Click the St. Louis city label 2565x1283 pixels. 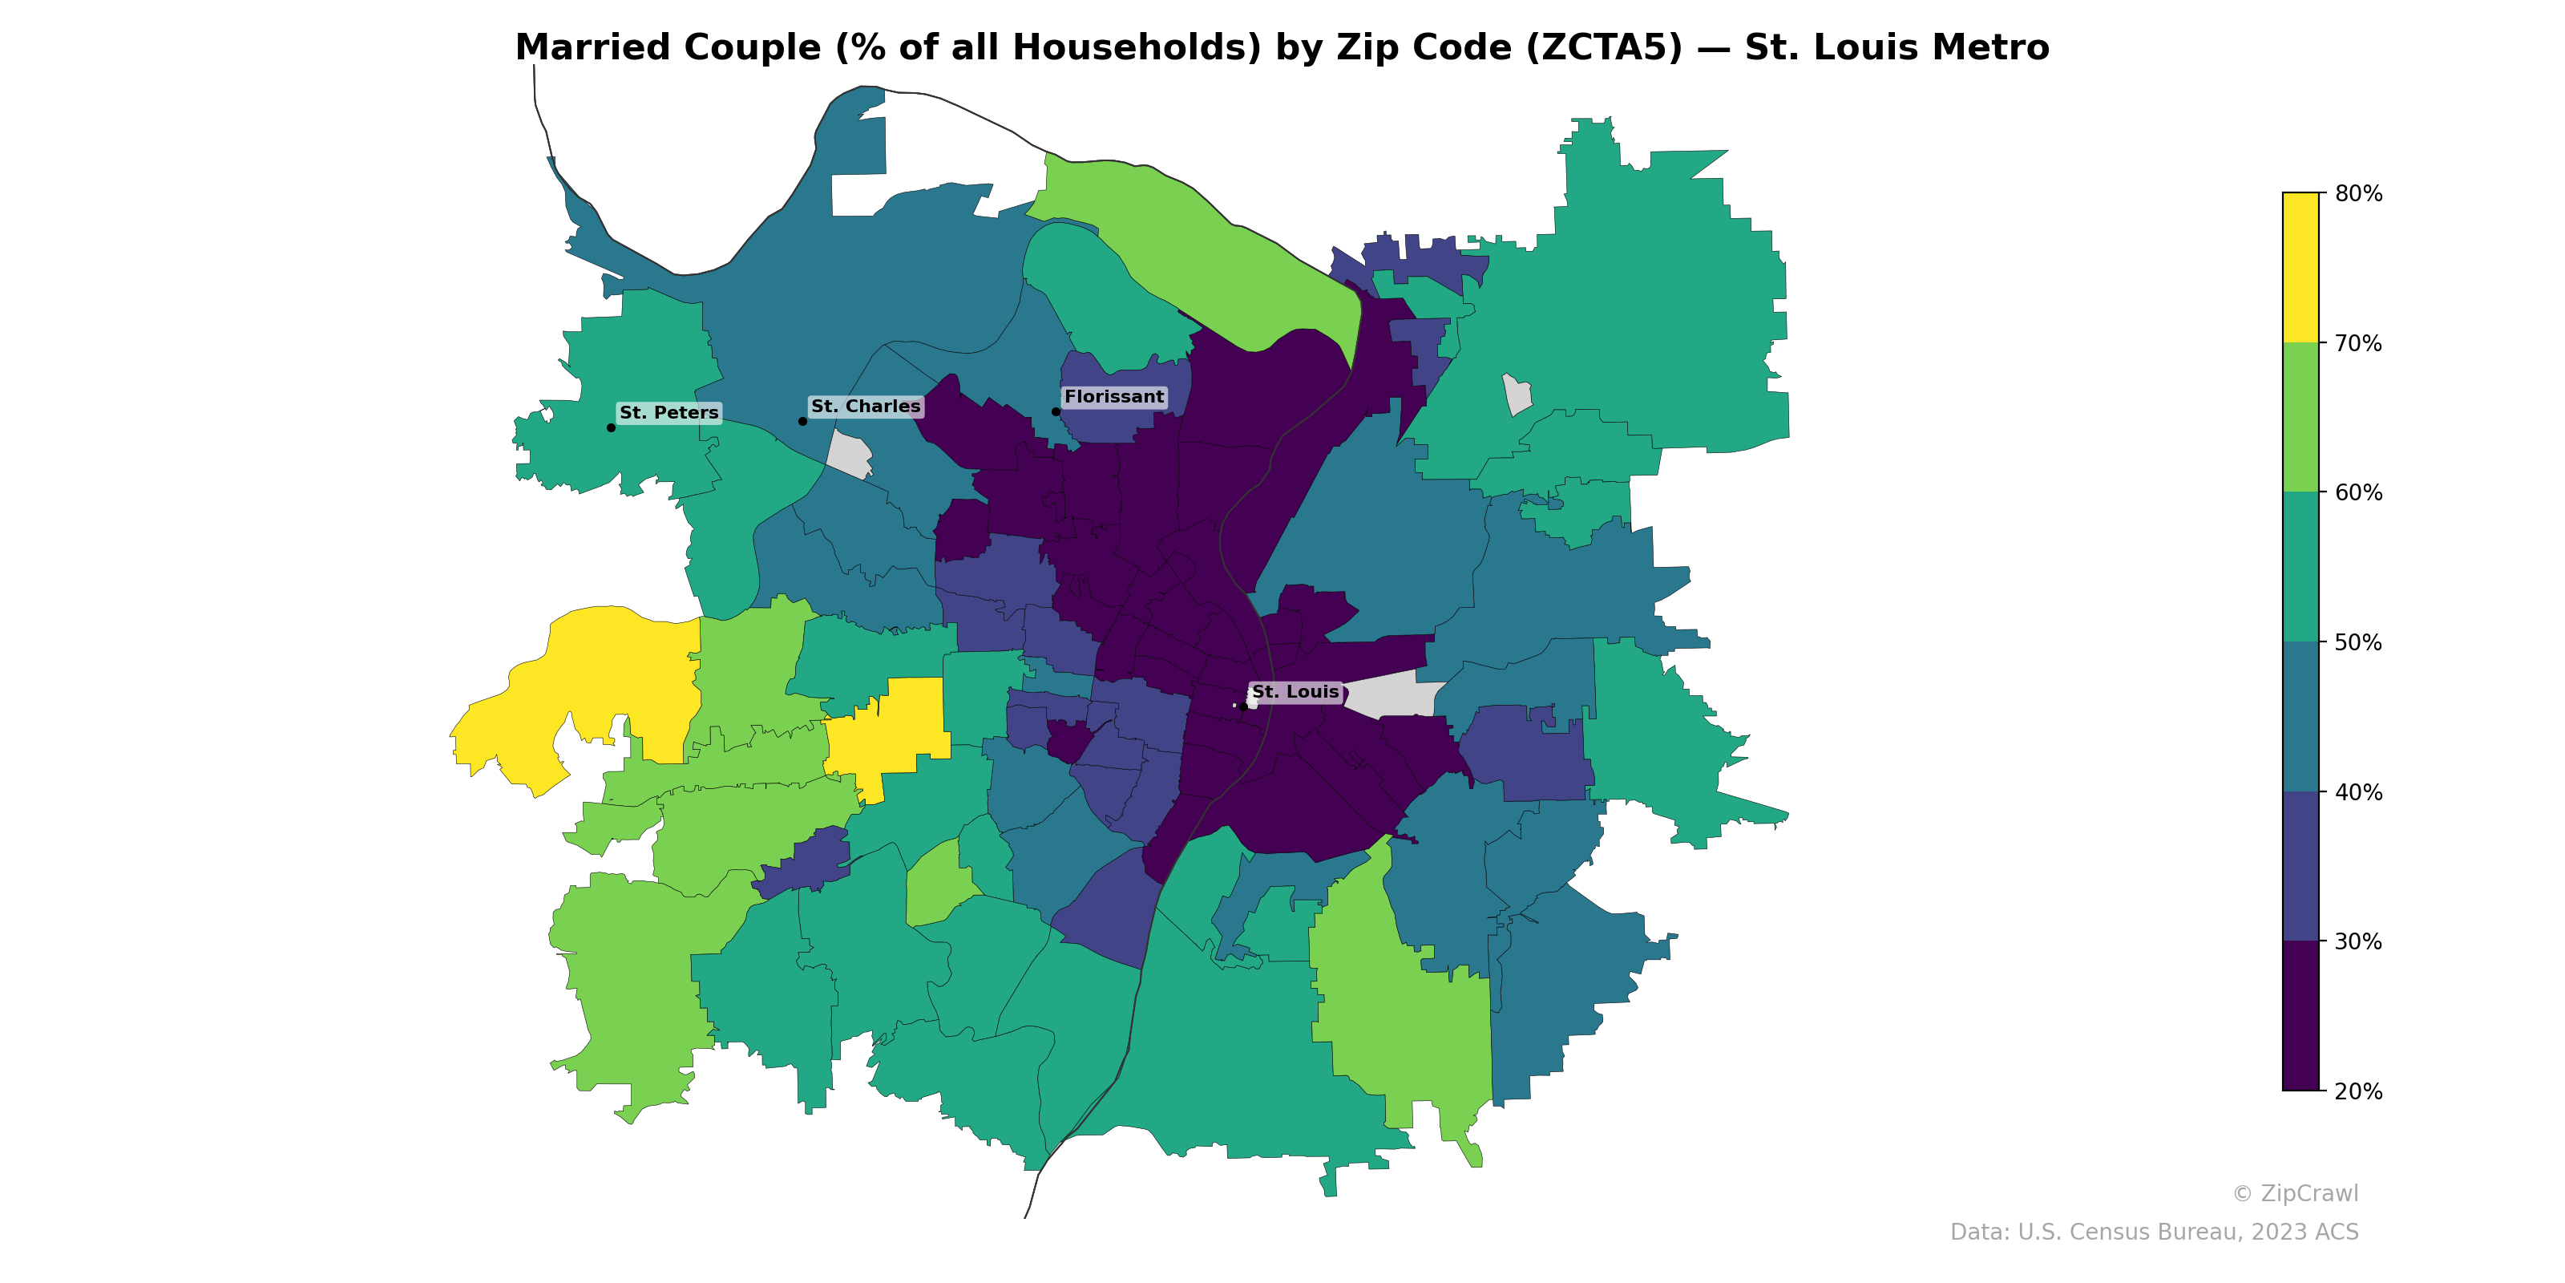pos(1295,691)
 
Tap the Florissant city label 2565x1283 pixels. pos(1113,396)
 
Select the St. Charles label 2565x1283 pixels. pos(866,407)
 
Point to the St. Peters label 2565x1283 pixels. pos(669,412)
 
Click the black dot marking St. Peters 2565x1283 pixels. pos(610,427)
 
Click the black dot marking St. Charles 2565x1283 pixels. pos(802,421)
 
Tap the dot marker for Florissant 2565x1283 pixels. pos(1056,411)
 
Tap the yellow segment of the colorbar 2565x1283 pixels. pos(2300,267)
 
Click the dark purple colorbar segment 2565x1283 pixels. pos(2300,1016)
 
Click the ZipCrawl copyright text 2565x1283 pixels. pos(2294,1193)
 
